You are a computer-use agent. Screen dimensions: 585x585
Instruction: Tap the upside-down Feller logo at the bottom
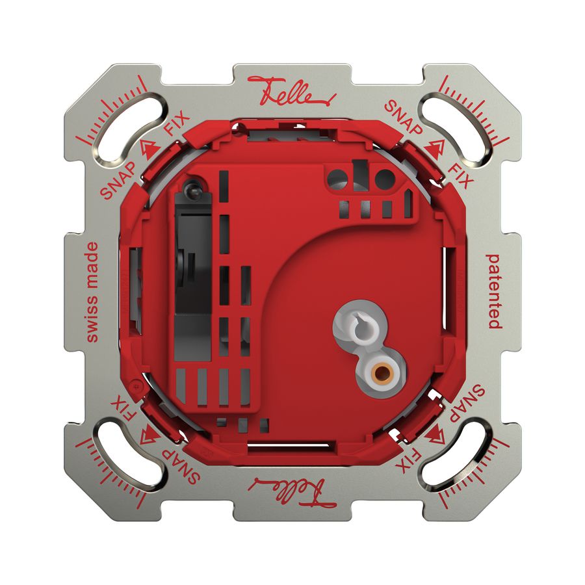292,489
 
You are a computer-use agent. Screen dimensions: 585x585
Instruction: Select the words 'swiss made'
92,292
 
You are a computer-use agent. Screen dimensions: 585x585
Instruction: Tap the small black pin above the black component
190,189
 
